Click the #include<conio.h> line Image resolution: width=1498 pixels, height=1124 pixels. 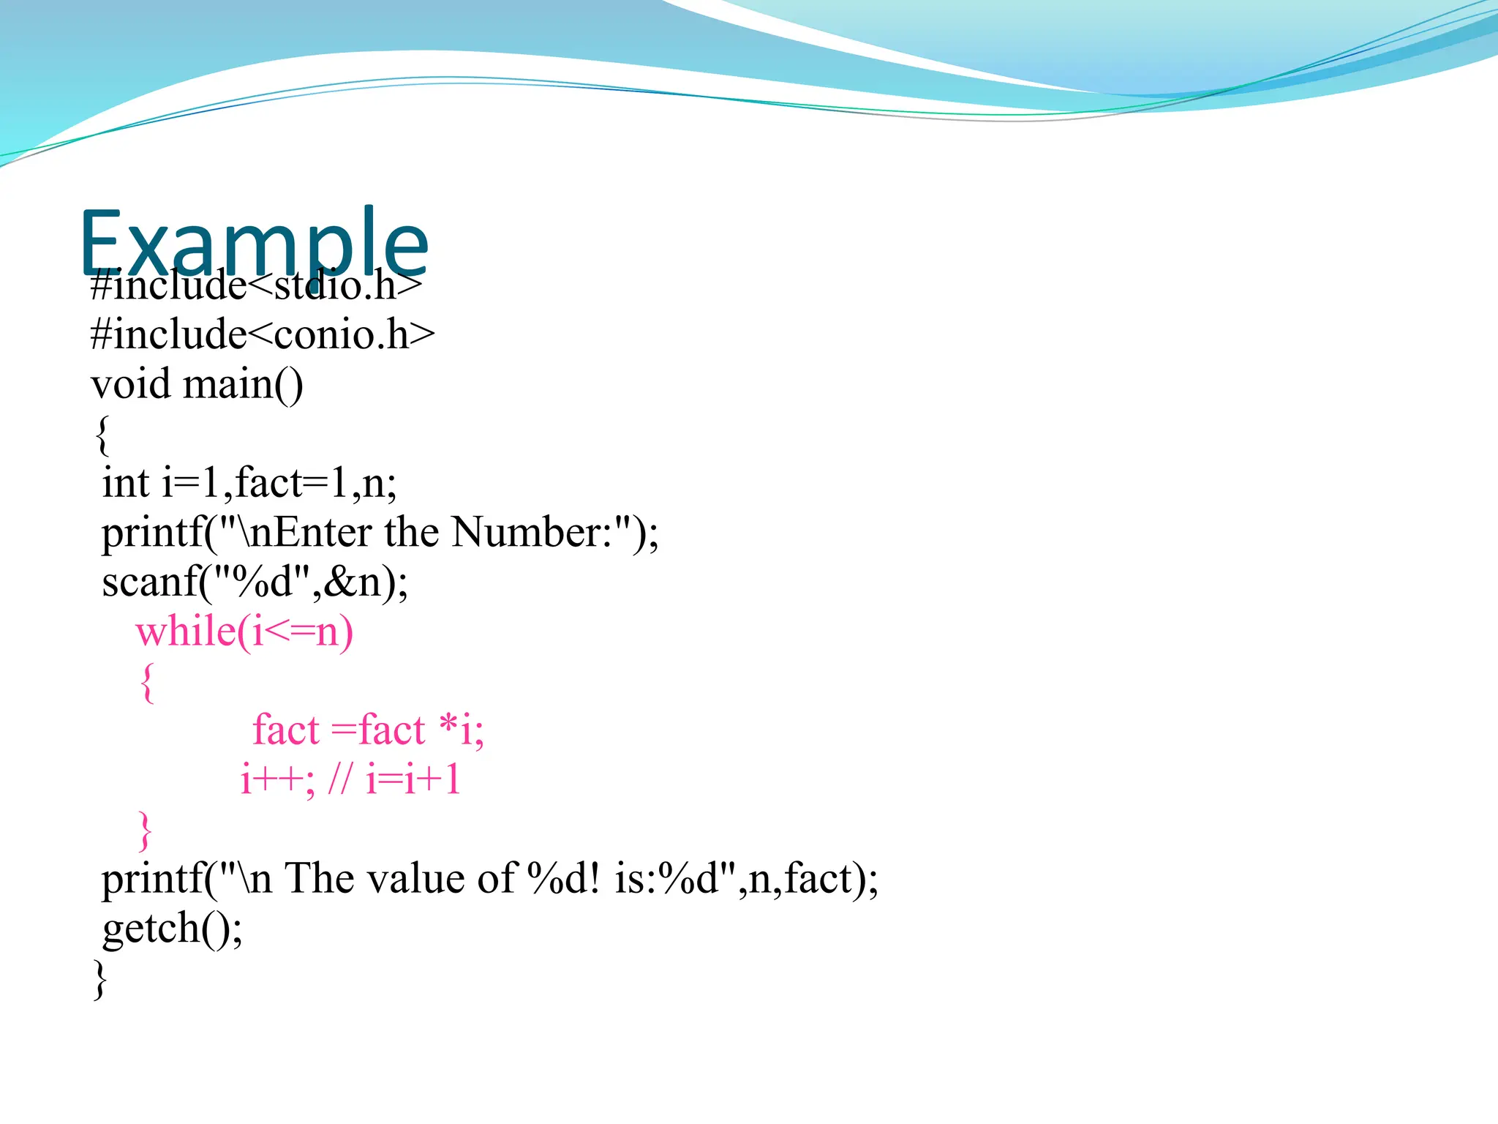tap(263, 334)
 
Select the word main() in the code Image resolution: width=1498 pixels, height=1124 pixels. tap(243, 384)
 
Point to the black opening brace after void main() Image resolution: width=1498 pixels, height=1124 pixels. tap(102, 435)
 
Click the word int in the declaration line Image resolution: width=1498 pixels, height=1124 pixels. tap(125, 483)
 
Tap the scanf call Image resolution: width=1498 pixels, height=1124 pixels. tap(255, 582)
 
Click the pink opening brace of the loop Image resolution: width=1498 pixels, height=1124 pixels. tap(147, 682)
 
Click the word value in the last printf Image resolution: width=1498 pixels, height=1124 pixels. tap(415, 878)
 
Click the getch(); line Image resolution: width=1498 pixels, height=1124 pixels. tap(172, 929)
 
